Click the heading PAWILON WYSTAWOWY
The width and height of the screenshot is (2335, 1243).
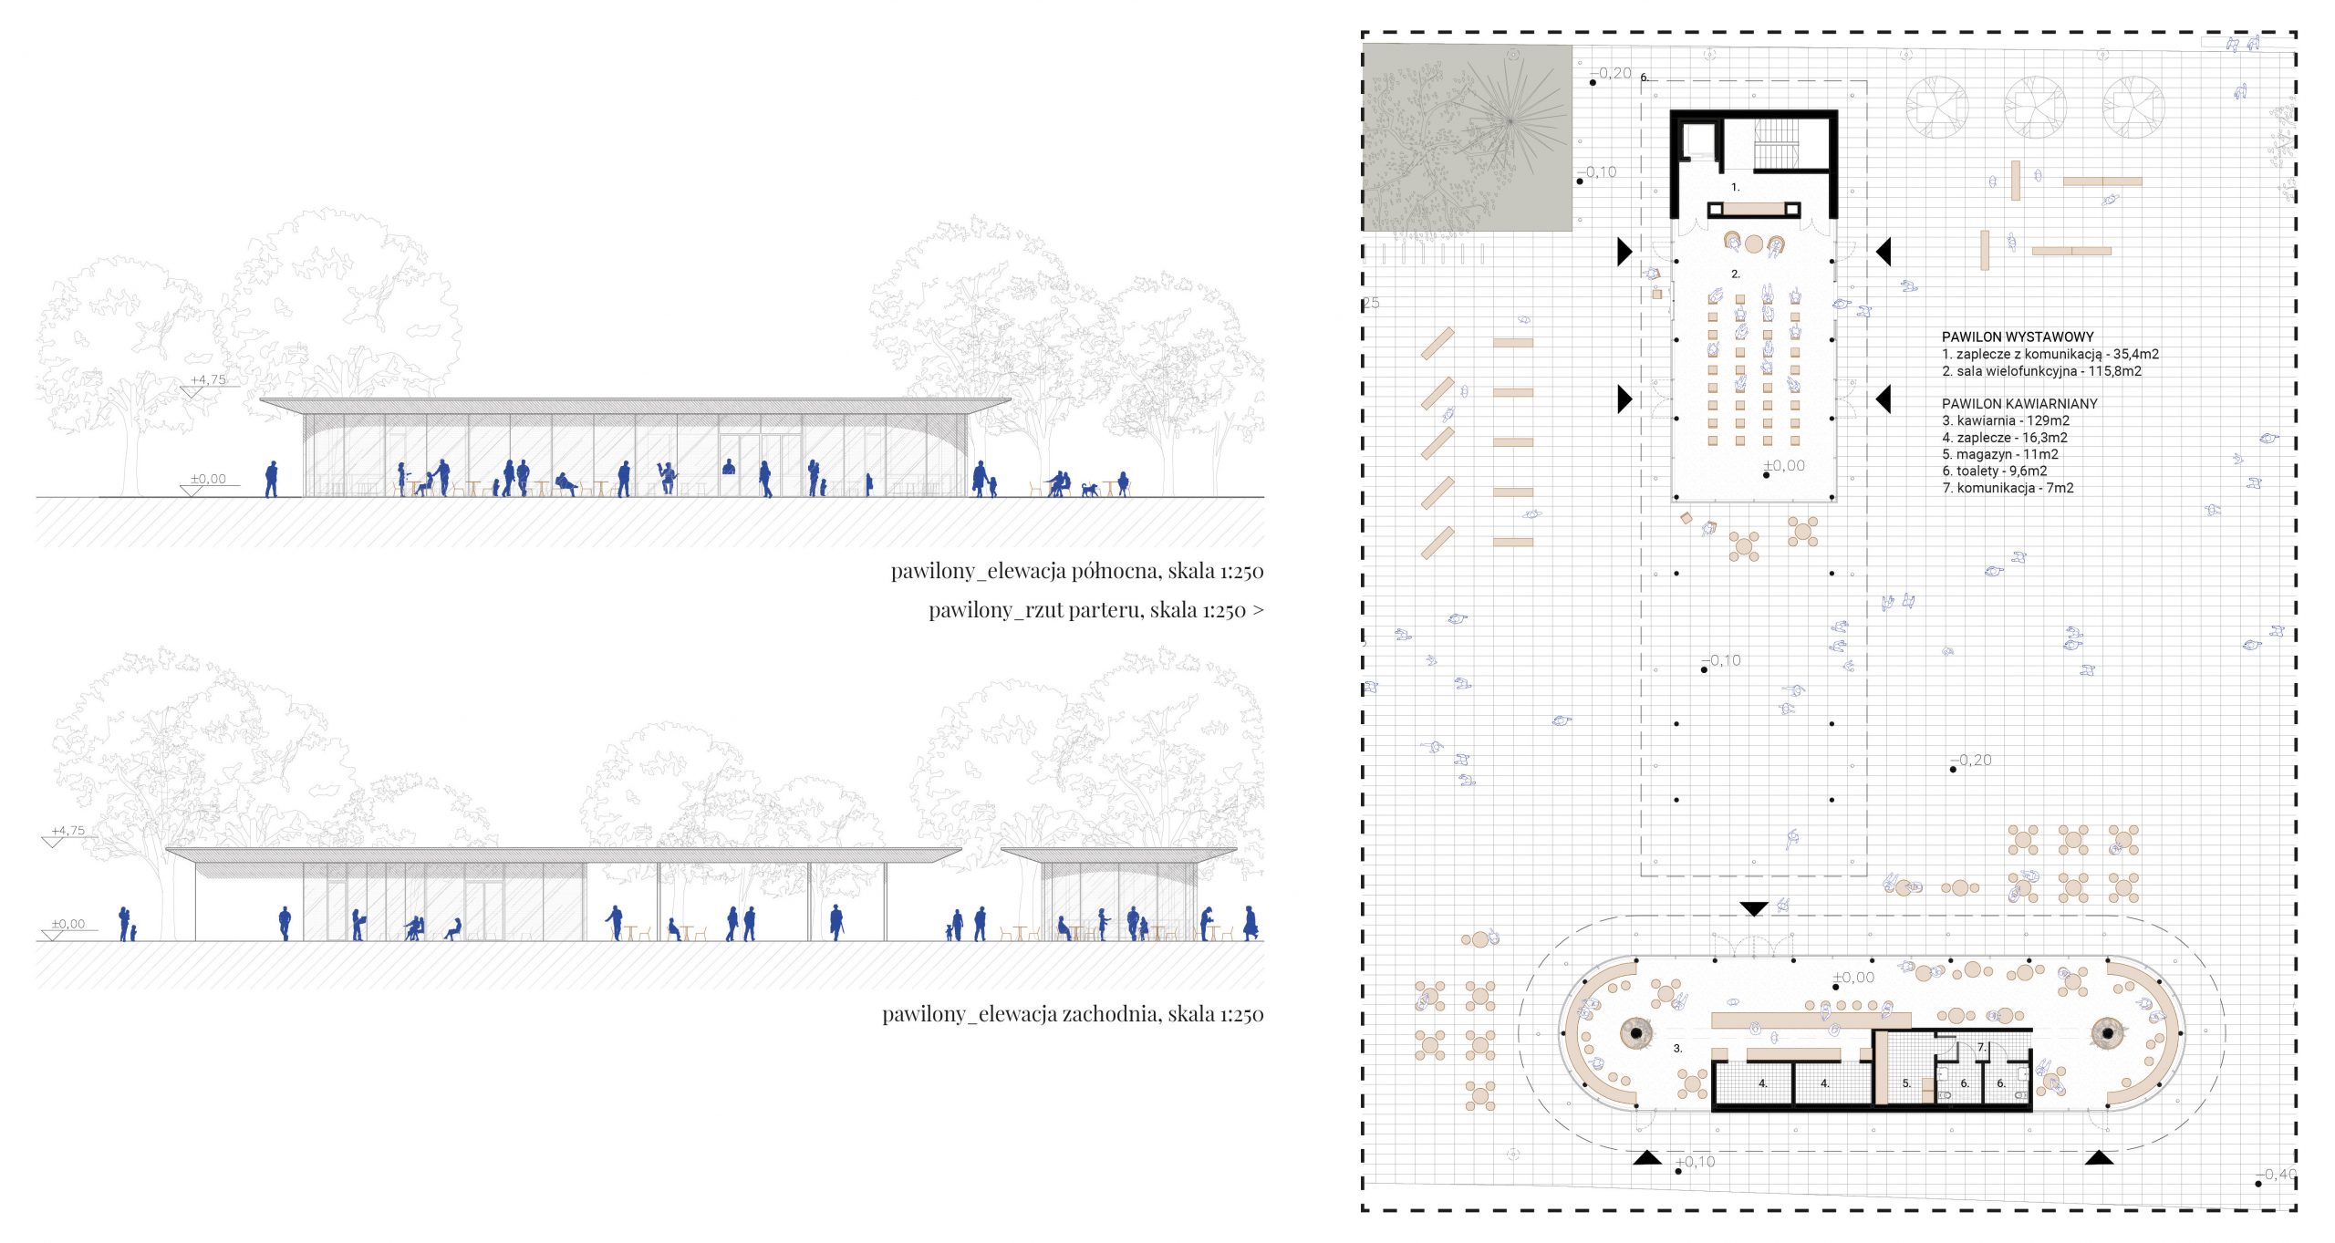click(x=2018, y=337)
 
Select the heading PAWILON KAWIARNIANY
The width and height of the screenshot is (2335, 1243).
click(x=2019, y=403)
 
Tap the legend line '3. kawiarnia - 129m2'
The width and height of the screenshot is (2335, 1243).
click(x=2006, y=420)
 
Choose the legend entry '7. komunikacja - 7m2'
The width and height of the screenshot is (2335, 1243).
click(x=2008, y=488)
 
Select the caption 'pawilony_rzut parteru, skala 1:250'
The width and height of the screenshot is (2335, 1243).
click(x=1087, y=610)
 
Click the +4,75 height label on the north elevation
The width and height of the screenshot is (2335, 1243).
click(x=208, y=379)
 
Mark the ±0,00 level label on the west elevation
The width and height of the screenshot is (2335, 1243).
click(x=68, y=924)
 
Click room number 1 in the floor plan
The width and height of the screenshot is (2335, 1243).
click(x=1736, y=187)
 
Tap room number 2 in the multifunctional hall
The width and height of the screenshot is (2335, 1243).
click(x=1736, y=274)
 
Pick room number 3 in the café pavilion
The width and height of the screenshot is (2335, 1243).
click(x=1677, y=1049)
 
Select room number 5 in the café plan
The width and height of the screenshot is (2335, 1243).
click(x=1905, y=1083)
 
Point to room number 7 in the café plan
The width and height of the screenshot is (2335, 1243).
click(x=1981, y=1048)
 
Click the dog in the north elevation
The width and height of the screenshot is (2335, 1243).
click(x=1090, y=490)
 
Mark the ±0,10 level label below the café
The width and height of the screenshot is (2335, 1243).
click(x=1696, y=1162)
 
